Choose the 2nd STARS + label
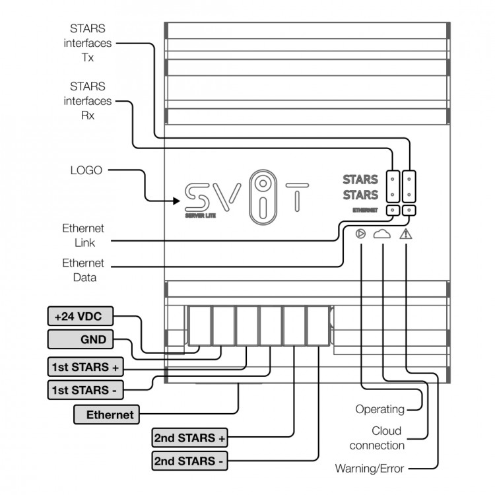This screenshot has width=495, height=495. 189,438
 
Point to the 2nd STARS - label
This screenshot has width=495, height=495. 189,461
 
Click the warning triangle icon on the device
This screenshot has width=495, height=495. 406,234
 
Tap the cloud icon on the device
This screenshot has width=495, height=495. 383,234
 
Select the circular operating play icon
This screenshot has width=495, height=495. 360,234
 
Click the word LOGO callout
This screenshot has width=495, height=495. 86,170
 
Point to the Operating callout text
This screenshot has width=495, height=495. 379,409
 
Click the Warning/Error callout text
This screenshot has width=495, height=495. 369,469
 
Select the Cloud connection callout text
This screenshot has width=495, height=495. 378,438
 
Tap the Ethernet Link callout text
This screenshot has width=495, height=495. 83,236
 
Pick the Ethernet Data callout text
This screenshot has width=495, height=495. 83,271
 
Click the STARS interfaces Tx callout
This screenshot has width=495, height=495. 88,43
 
